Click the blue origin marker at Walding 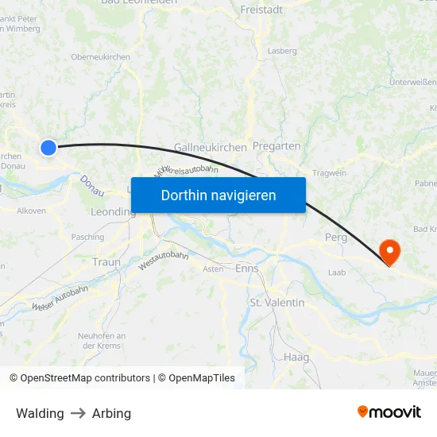click(48, 147)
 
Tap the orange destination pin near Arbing click(390, 251)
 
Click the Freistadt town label click(262, 10)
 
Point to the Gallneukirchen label click(210, 148)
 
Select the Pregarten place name click(277, 146)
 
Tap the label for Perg click(337, 238)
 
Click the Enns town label click(247, 269)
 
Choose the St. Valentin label click(277, 303)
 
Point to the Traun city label click(106, 262)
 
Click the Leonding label click(113, 212)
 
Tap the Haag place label click(296, 358)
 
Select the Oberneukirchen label click(100, 56)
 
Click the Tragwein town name click(330, 173)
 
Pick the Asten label click(213, 269)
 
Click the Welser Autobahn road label click(60, 298)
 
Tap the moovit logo click(389, 412)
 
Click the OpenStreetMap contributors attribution click(79, 378)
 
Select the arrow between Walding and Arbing click(78, 413)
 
